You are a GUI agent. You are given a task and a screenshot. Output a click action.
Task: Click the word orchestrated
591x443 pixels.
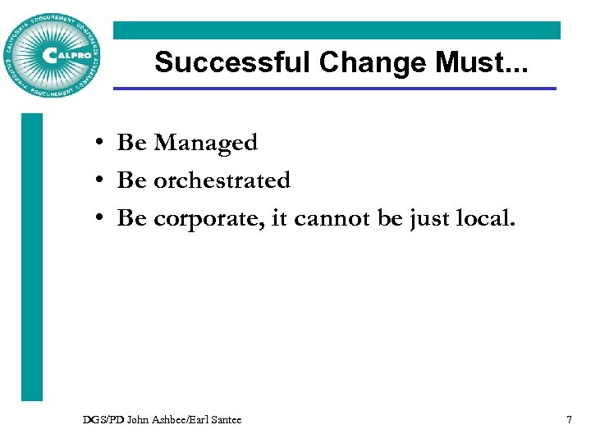click(x=222, y=180)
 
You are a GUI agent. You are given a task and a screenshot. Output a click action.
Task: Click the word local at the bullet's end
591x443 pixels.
click(x=489, y=218)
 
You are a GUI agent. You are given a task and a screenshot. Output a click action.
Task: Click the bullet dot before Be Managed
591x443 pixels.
click(x=98, y=144)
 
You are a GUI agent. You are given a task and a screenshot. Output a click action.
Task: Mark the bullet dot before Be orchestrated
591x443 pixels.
click(x=98, y=181)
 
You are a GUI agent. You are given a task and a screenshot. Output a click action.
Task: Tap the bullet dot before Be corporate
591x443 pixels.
click(x=98, y=219)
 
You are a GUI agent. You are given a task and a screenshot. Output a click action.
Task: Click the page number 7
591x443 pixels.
click(x=569, y=420)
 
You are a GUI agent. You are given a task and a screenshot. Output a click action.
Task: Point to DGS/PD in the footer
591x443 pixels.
click(x=100, y=420)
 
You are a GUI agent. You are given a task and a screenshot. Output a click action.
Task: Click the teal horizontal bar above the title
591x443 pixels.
click(x=337, y=30)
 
